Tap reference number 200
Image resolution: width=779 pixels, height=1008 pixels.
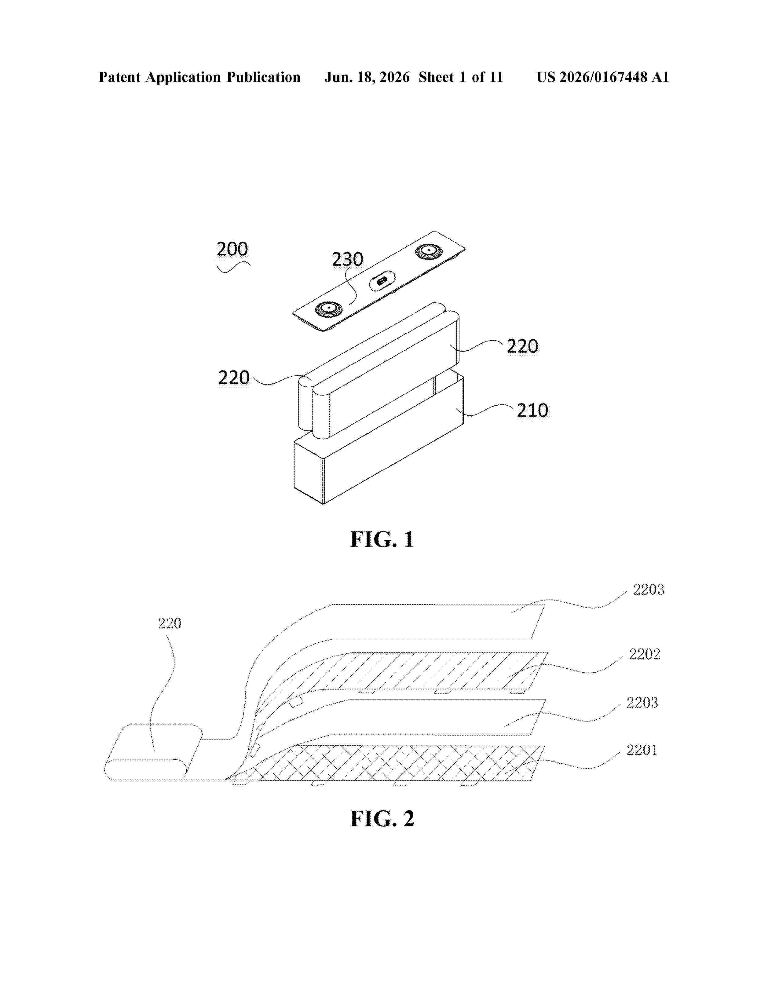pyautogui.click(x=232, y=249)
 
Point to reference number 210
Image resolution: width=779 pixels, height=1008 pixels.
pyautogui.click(x=532, y=410)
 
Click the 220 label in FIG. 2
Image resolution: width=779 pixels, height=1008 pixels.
pyautogui.click(x=169, y=623)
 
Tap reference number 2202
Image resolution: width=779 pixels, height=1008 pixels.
pyautogui.click(x=645, y=654)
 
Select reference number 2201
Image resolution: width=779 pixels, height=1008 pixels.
pyautogui.click(x=642, y=750)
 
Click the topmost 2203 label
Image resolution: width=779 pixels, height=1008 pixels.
pyautogui.click(x=648, y=590)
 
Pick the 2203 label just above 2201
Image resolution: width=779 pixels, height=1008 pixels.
pyautogui.click(x=642, y=703)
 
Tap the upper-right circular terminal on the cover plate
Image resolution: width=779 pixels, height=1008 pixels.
pyautogui.click(x=429, y=251)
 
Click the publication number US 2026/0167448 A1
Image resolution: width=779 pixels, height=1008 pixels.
pyautogui.click(x=603, y=77)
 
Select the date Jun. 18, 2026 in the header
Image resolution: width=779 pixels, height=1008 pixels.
pyautogui.click(x=367, y=77)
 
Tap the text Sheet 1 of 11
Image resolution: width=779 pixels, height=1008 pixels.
pyautogui.click(x=461, y=77)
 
